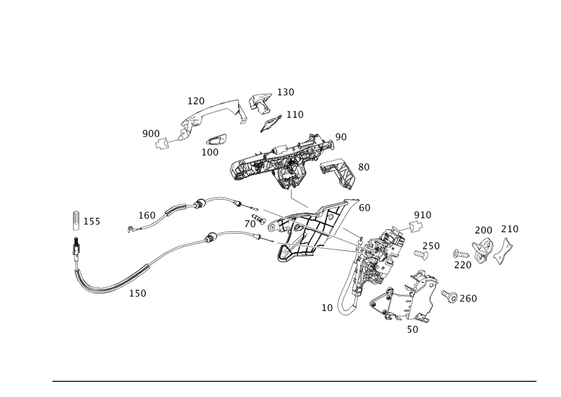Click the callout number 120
coord(196,101)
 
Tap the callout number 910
coord(422,215)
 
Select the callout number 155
coord(91,222)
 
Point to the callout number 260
coord(468,298)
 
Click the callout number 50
coord(412,330)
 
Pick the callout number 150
coord(138,294)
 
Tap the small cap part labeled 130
coord(260,103)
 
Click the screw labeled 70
coord(259,219)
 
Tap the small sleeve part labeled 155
coord(76,220)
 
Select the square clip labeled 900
coord(162,143)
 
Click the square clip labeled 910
coord(416,227)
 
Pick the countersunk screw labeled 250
coord(421,255)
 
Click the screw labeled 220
coord(461,254)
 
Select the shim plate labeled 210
coord(503,251)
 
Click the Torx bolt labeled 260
coord(450,296)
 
